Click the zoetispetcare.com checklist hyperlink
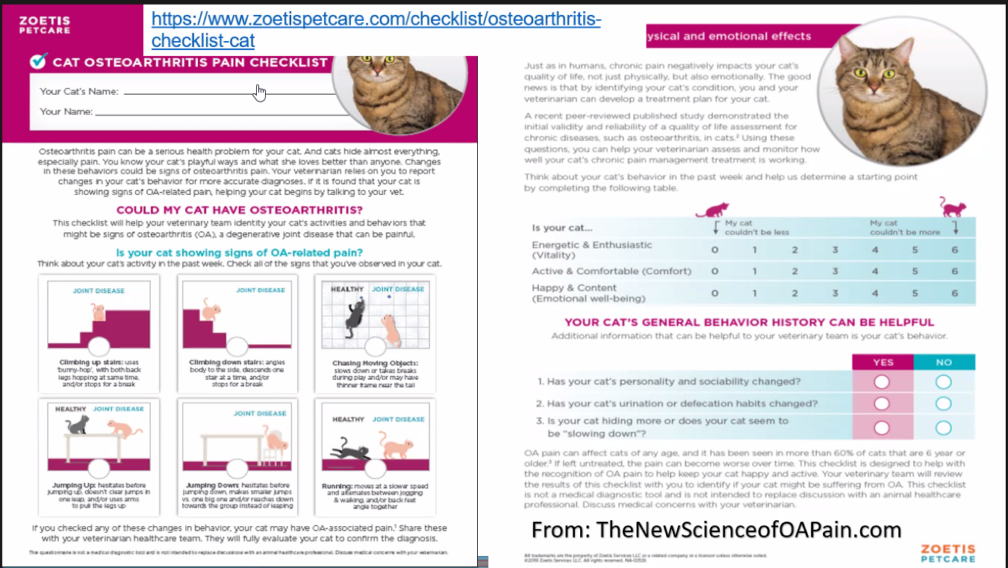tap(376, 28)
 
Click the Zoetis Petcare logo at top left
tap(45, 24)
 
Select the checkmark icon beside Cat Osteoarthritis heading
tap(39, 60)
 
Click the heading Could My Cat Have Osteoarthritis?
tap(240, 210)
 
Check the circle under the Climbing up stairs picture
tap(97, 346)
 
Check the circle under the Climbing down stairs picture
tap(237, 346)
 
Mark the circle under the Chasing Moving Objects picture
tap(376, 346)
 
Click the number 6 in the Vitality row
tap(954, 250)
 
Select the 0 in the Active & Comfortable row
tap(715, 272)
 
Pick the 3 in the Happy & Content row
tap(835, 293)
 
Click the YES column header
tap(883, 362)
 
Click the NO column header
tap(944, 362)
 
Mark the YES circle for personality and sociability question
tap(882, 381)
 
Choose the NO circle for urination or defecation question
tap(944, 404)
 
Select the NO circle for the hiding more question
tap(944, 428)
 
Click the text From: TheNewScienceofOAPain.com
tap(716, 530)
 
